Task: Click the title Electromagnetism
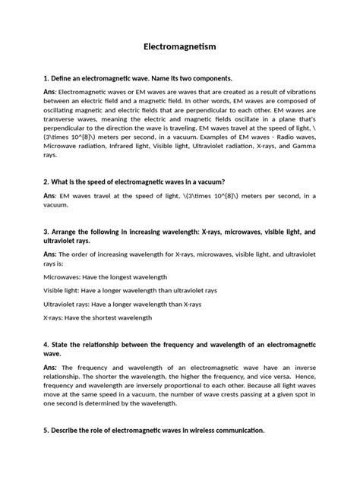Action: (180, 47)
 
